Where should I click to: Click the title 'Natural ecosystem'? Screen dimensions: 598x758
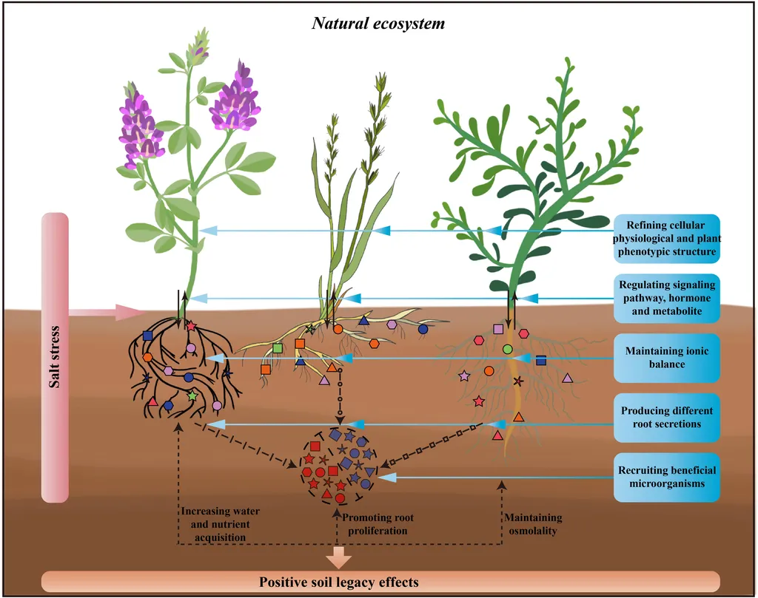pos(378,23)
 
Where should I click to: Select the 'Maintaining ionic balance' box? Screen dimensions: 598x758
pos(666,358)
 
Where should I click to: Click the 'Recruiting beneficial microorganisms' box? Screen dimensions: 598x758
pos(666,477)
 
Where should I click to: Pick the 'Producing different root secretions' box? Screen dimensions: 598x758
pos(666,417)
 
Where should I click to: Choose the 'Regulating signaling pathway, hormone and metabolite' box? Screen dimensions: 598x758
pos(666,299)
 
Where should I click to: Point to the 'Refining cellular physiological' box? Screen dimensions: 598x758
pos(666,239)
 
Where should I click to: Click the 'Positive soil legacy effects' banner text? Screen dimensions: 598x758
pos(339,582)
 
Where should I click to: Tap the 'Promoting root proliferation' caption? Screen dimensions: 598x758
pos(375,524)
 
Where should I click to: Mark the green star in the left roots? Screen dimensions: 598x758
pos(192,396)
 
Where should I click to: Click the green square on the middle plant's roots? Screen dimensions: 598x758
pos(278,347)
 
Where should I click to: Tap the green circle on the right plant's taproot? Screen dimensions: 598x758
pos(508,348)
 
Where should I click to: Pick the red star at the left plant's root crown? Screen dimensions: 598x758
pos(191,326)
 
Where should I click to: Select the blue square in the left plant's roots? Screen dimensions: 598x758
pos(147,336)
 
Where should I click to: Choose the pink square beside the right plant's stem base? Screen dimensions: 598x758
pos(498,328)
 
